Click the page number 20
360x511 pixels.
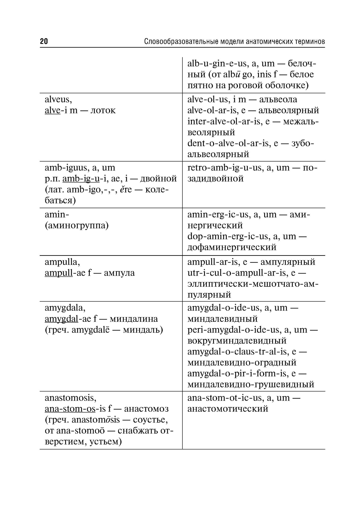pyautogui.click(x=44, y=41)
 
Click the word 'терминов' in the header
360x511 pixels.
pyautogui.click(x=308, y=42)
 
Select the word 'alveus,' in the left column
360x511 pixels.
pyautogui.click(x=58, y=100)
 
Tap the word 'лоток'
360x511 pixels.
pyautogui.click(x=103, y=110)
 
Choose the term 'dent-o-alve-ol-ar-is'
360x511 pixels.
pyautogui.click(x=228, y=144)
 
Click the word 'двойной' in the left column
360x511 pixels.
pyautogui.click(x=159, y=179)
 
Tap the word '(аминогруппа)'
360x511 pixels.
pyautogui.click(x=77, y=226)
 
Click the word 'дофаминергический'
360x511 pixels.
pyautogui.click(x=232, y=247)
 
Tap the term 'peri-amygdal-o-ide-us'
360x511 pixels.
pyautogui.click(x=233, y=330)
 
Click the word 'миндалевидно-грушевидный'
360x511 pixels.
pyautogui.click(x=251, y=384)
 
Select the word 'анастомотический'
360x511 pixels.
pyautogui.click(x=228, y=409)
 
